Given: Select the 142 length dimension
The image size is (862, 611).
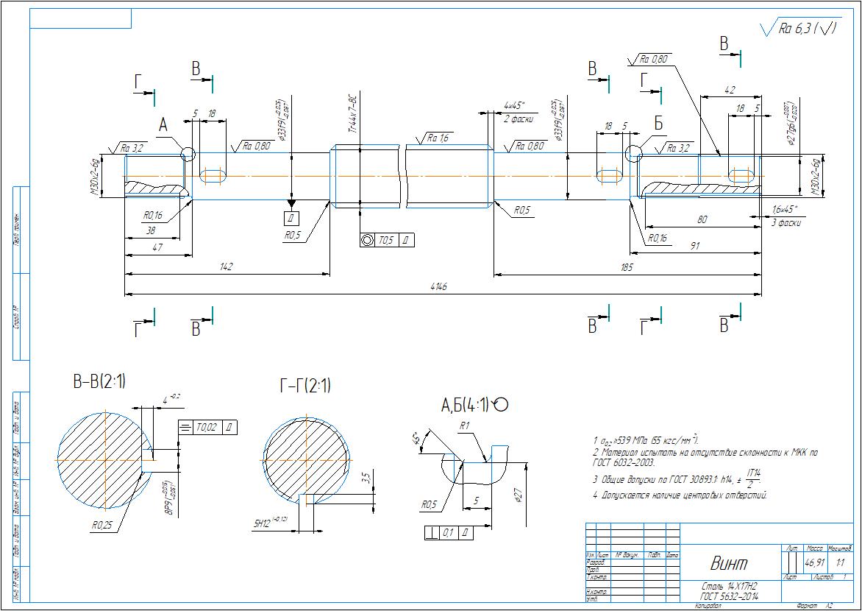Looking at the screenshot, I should (227, 266).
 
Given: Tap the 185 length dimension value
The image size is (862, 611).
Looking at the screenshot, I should (627, 266).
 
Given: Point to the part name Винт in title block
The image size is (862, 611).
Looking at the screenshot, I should (728, 564).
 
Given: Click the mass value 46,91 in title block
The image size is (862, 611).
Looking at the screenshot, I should (814, 563).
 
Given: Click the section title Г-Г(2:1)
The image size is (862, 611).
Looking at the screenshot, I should (304, 385).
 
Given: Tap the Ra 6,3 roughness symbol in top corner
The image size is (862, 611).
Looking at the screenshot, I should (800, 29).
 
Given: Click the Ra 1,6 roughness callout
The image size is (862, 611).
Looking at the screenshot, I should (438, 138).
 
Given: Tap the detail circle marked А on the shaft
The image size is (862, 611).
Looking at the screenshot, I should (188, 153).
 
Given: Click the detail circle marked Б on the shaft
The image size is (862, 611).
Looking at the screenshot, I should (633, 152).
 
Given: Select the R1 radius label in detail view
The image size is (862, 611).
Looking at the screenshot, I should (464, 425).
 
